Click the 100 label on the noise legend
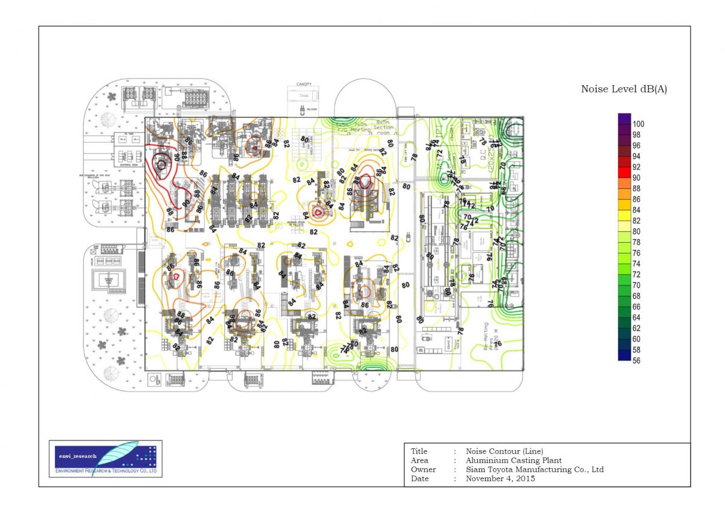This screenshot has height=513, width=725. click(638, 124)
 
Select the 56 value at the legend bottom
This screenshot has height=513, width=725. click(636, 361)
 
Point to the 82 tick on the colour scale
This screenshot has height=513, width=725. click(636, 221)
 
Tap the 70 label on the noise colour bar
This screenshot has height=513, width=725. click(636, 285)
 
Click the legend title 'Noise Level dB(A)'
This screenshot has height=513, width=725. click(624, 89)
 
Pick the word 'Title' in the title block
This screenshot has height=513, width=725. click(419, 451)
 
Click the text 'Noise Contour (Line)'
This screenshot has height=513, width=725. click(504, 451)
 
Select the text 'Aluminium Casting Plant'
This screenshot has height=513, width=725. click(514, 460)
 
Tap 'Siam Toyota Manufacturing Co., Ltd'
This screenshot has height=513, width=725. click(535, 469)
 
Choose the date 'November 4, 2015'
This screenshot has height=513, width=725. click(500, 479)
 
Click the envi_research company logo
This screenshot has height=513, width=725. click(106, 459)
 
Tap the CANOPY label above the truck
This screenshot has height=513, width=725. click(303, 85)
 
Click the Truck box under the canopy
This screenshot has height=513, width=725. click(303, 96)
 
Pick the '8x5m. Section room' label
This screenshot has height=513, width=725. click(383, 128)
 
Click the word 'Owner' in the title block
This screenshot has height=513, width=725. click(423, 469)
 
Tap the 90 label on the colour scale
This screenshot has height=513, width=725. click(636, 178)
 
